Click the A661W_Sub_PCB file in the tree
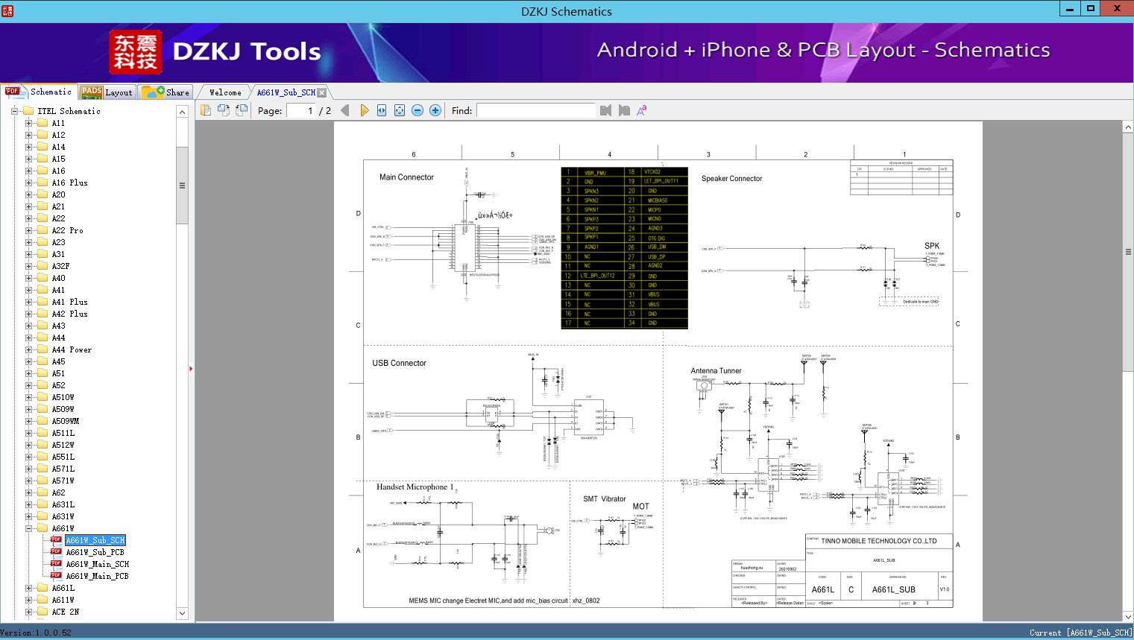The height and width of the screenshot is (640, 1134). pyautogui.click(x=95, y=552)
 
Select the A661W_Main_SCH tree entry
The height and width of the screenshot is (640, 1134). pyautogui.click(x=97, y=564)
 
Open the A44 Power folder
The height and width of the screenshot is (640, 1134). pyautogui.click(x=72, y=349)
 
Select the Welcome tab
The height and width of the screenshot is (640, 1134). pyautogui.click(x=225, y=92)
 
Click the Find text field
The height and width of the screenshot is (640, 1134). pyautogui.click(x=535, y=110)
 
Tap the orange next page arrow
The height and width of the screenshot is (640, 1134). pyautogui.click(x=364, y=110)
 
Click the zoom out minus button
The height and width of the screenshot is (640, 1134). pyautogui.click(x=418, y=110)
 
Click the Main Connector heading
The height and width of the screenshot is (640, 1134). pyautogui.click(x=406, y=177)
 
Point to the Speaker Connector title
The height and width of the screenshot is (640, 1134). pyautogui.click(x=731, y=179)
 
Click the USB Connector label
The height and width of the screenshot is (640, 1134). pyautogui.click(x=400, y=364)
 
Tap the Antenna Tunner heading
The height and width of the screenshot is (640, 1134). pyautogui.click(x=716, y=370)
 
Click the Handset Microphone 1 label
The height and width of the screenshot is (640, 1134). pyautogui.click(x=415, y=487)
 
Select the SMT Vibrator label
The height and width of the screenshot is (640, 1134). pyautogui.click(x=604, y=499)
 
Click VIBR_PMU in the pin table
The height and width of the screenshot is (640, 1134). pyautogui.click(x=594, y=172)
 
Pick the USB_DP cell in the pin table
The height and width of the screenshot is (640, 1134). pyautogui.click(x=656, y=257)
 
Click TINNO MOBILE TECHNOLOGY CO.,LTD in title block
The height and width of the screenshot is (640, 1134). pyautogui.click(x=878, y=541)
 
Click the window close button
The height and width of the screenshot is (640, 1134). pyautogui.click(x=1117, y=9)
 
